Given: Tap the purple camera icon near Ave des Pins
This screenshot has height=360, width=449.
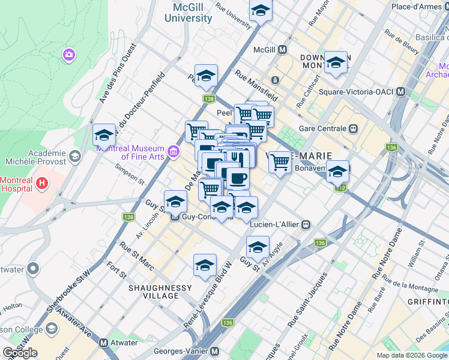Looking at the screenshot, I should click(69, 55).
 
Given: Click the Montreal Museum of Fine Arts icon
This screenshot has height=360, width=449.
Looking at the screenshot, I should click(173, 149).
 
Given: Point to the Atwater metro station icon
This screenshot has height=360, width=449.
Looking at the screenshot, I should click(104, 343).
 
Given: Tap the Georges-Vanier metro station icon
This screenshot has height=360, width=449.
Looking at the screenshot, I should click(214, 352).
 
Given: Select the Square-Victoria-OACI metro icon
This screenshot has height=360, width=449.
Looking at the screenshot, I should click(401, 92).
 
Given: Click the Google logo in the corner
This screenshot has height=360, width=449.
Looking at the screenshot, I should click(20, 353).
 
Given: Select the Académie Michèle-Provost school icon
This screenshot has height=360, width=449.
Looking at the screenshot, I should click(75, 157).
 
